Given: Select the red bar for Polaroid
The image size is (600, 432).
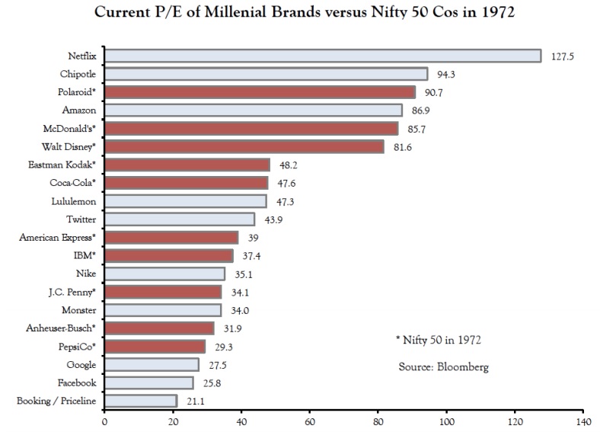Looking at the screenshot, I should click(260, 92).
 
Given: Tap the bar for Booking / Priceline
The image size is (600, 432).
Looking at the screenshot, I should click(140, 400).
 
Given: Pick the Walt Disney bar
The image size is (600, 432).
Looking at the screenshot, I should click(244, 146).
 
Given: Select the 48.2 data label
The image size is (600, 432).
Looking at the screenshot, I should click(288, 165).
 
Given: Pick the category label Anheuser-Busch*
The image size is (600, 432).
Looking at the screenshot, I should click(62, 328).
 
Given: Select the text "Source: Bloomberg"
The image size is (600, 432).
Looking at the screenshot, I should click(443, 366).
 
